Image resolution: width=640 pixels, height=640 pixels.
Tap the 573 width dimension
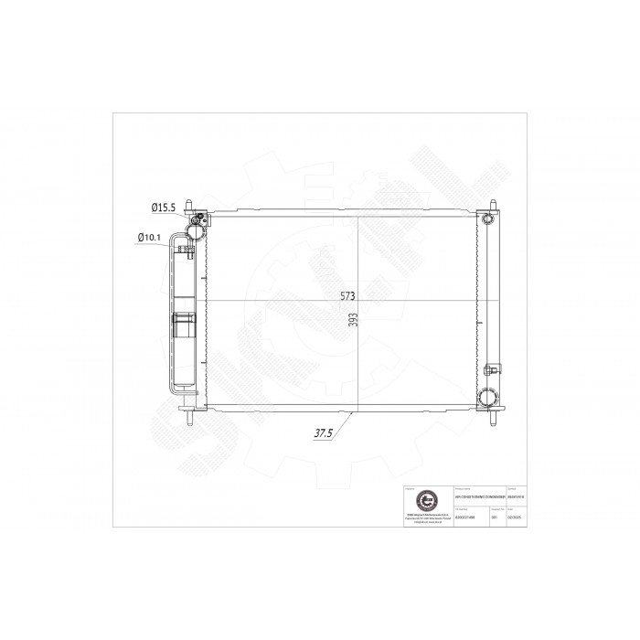coord(347,294)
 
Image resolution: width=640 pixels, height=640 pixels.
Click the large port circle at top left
coord(197,221)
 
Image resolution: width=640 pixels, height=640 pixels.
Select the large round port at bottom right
coord(486,398)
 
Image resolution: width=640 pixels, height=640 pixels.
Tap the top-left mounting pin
coord(186,203)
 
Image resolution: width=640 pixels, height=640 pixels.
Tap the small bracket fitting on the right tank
coord(492,370)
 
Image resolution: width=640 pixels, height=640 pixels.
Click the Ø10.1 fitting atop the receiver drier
coord(187,244)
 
